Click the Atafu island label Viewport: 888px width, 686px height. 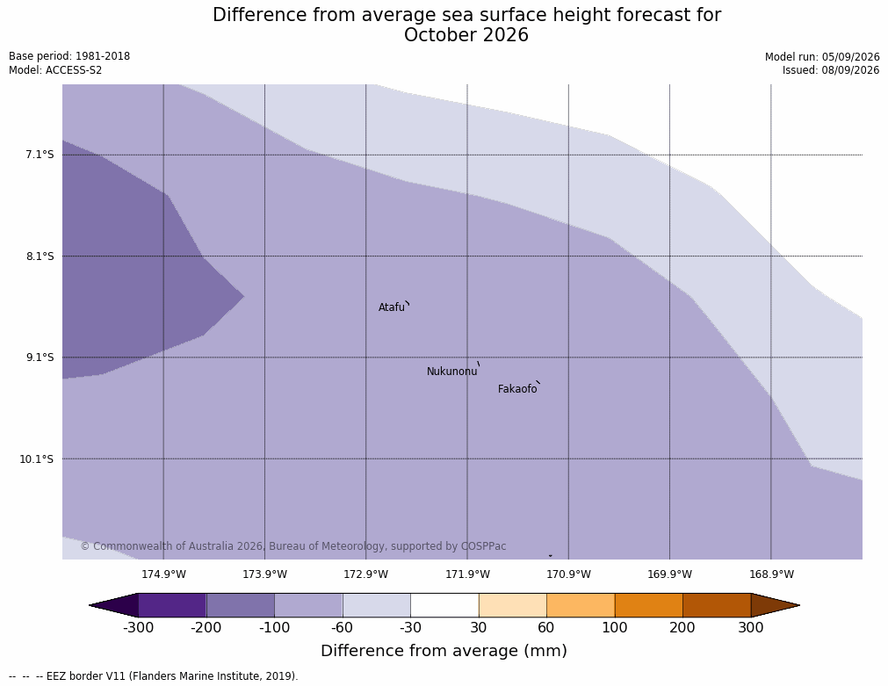392,307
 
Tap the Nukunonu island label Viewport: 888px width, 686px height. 452,372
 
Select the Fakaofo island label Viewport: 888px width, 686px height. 517,389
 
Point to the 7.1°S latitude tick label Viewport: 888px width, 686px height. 40,155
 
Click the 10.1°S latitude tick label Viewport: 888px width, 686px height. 37,459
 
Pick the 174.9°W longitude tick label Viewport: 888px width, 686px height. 163,574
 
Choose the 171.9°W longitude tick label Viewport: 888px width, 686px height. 468,574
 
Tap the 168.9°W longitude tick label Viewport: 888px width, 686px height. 771,574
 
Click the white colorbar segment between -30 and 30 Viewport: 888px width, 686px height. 444,605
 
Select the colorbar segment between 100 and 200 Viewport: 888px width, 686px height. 648,605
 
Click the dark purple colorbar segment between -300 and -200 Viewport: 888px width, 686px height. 172,605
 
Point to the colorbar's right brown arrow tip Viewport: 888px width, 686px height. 799,605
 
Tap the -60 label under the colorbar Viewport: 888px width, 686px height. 342,628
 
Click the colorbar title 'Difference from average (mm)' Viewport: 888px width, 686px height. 444,650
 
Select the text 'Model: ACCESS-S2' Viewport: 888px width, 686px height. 55,70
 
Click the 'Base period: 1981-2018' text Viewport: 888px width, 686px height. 69,56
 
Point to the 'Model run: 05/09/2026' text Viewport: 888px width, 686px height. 822,56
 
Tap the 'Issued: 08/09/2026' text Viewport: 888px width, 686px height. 831,70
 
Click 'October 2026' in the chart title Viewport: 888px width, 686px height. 466,35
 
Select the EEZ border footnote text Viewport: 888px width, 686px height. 153,675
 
